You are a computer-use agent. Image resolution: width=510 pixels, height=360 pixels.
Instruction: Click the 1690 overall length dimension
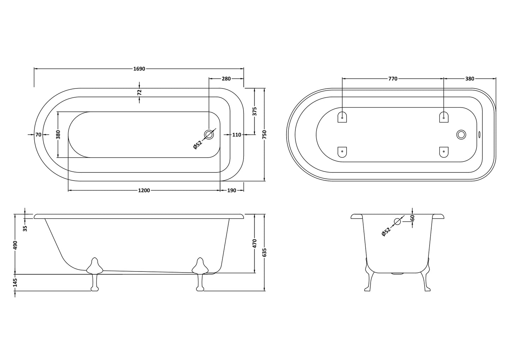pos(139,69)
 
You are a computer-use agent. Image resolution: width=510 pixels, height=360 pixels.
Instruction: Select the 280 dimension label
pos(226,79)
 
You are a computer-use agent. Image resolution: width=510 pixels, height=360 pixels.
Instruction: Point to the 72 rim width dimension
pos(139,92)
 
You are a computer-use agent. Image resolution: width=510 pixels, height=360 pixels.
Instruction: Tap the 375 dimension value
pos(254,111)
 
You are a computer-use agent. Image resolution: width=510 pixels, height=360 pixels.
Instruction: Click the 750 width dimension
pos(265,134)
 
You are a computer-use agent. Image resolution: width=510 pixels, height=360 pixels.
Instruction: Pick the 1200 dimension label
pos(144,190)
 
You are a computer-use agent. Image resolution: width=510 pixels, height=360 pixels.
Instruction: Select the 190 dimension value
pos(232,190)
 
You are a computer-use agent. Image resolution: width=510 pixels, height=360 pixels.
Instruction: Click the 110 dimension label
pos(237,135)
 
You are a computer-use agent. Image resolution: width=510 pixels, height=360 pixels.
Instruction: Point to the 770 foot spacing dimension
pos(393,79)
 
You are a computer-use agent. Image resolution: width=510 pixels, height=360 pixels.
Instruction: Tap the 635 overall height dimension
pos(265,252)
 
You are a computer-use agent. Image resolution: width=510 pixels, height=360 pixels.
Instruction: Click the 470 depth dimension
pos(254,243)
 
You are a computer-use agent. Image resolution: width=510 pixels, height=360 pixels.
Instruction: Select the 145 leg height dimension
pos(15,282)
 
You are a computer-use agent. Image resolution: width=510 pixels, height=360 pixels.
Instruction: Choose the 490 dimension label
pos(15,245)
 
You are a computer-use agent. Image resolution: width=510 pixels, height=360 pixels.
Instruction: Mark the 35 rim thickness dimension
pos(25,228)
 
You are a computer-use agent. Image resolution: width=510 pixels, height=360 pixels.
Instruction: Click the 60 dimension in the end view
pos(412,218)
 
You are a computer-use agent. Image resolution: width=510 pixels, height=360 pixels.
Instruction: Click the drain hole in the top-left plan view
pos(209,134)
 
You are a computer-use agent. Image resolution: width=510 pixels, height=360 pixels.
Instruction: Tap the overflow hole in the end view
pos(397,221)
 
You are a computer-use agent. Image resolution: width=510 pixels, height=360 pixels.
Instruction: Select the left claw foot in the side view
pos(94,273)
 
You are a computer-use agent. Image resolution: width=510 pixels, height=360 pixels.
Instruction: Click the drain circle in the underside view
pos(461,134)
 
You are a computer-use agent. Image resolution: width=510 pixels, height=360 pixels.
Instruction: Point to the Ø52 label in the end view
pos(386,232)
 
